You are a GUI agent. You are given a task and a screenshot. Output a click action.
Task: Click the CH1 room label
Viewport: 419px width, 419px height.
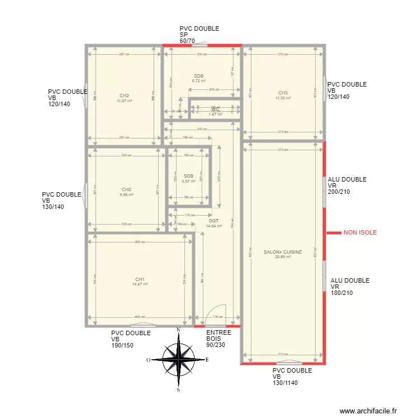click(x=140, y=279)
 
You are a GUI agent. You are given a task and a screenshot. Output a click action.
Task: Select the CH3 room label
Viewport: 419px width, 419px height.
click(x=283, y=93)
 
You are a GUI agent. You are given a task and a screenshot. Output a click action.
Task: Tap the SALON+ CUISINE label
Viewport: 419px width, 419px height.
click(x=283, y=252)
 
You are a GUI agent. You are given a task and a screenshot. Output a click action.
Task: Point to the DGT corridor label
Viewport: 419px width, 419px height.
click(x=213, y=221)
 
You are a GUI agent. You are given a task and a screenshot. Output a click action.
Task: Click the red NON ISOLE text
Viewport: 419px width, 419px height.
click(x=360, y=232)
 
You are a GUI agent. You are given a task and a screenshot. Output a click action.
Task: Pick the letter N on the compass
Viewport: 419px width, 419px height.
click(x=178, y=330)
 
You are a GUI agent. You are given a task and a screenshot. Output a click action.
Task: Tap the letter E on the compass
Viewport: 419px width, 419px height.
click(x=207, y=360)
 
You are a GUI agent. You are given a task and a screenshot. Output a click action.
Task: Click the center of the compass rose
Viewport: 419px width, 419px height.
click(x=178, y=360)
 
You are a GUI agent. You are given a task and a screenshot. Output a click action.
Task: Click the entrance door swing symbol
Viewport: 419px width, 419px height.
click(x=215, y=315)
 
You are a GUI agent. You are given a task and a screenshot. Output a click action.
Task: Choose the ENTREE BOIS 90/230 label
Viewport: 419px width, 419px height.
click(x=218, y=339)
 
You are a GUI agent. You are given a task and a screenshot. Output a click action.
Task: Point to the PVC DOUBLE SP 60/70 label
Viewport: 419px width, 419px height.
click(x=199, y=35)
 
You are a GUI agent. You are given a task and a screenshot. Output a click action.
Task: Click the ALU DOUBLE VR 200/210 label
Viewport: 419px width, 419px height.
click(x=347, y=185)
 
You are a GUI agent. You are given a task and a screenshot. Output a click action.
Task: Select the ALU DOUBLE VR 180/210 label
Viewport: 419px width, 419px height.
click(x=350, y=287)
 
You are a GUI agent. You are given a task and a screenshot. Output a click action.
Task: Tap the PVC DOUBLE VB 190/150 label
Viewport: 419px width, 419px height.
click(x=131, y=339)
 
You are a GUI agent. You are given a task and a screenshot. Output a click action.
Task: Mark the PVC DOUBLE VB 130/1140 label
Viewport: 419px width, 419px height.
click(x=292, y=377)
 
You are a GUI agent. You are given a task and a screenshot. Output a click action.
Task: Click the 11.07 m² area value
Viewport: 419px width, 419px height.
click(x=124, y=101)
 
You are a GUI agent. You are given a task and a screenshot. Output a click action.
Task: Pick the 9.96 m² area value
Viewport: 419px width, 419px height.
click(x=127, y=195)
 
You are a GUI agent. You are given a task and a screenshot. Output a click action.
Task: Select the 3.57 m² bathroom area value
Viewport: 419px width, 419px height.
click(x=189, y=181)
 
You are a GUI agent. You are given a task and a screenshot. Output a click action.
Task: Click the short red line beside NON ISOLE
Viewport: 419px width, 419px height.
click(x=333, y=232)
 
